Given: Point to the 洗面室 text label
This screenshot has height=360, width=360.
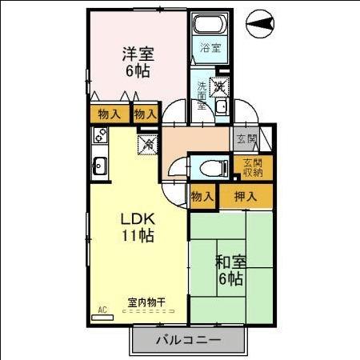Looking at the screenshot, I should pyautogui.click(x=202, y=93).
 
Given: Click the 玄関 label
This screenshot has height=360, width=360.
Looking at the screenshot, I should pyautogui.click(x=246, y=139).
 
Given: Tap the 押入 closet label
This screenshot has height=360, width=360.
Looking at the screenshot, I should pyautogui.click(x=245, y=197).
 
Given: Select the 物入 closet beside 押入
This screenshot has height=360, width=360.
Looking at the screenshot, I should pyautogui.click(x=202, y=197).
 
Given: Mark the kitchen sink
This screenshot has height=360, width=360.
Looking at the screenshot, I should pyautogui.click(x=100, y=166).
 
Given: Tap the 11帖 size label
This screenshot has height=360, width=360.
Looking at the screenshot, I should pyautogui.click(x=137, y=236).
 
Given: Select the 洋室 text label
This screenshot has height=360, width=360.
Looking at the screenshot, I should pyautogui.click(x=138, y=54).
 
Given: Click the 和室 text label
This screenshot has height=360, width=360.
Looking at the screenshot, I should pyautogui.click(x=229, y=261).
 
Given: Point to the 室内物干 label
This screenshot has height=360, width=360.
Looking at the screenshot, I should pyautogui.click(x=146, y=303).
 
